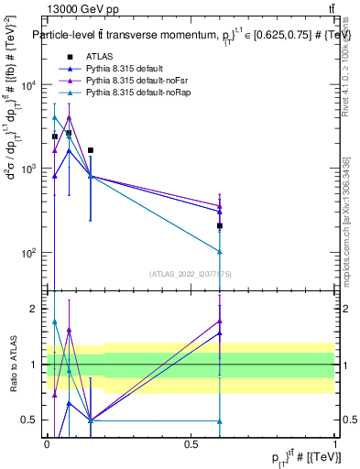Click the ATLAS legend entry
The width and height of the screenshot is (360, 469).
tap(96, 56)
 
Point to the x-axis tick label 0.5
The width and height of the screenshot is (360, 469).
tap(191, 442)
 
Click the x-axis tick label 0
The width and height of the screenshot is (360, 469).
tap(47, 442)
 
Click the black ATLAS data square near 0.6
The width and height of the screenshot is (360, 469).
tap(220, 225)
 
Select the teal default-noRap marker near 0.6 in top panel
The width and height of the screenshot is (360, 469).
tap(220, 252)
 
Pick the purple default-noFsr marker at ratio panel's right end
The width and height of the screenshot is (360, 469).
tap(220, 321)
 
